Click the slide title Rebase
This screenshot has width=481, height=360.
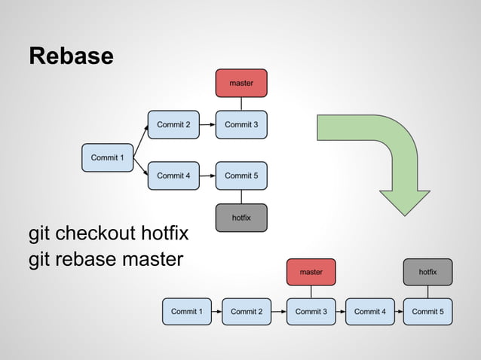71,56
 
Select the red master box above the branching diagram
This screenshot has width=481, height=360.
241,83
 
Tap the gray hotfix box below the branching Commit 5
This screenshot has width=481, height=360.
241,218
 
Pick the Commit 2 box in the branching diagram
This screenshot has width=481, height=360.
173,124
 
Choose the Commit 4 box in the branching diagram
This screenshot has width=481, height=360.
173,175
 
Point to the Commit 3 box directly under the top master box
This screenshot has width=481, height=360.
241,124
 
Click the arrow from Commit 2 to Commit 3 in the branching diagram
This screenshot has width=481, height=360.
207,124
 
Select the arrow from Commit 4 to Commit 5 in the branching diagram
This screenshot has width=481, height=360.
207,175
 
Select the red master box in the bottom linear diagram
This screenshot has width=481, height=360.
311,271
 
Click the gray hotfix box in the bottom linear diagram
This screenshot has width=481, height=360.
427,271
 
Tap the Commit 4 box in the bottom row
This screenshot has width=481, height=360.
369,311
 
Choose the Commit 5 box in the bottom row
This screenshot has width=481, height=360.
427,311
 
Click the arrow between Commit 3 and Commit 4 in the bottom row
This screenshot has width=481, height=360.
340,311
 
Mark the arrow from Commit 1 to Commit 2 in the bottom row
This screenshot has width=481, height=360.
216,311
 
